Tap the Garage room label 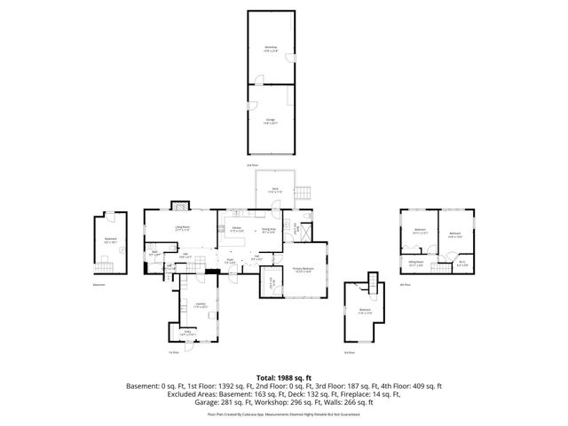[x=270, y=120]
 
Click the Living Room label [x=182, y=228]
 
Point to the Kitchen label [x=237, y=230]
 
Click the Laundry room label [x=199, y=304]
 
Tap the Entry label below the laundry [x=187, y=333]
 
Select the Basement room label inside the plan [x=111, y=240]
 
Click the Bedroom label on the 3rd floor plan [x=365, y=310]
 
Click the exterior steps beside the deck [x=304, y=193]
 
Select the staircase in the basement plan [x=103, y=263]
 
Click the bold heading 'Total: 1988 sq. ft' [x=283, y=377]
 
